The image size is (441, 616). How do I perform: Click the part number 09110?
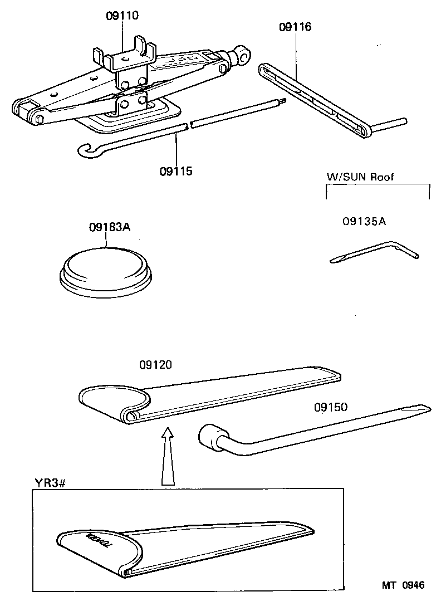pyautogui.click(x=122, y=16)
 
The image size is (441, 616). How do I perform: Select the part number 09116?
pyautogui.click(x=295, y=27)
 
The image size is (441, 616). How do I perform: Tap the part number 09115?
pyautogui.click(x=176, y=171)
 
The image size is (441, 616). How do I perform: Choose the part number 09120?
pyautogui.click(x=155, y=365)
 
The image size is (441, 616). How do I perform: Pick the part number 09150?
pyautogui.click(x=330, y=407)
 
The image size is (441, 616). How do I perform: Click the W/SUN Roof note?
pyautogui.click(x=360, y=177)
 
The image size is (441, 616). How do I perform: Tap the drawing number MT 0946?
pyautogui.click(x=403, y=585)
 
